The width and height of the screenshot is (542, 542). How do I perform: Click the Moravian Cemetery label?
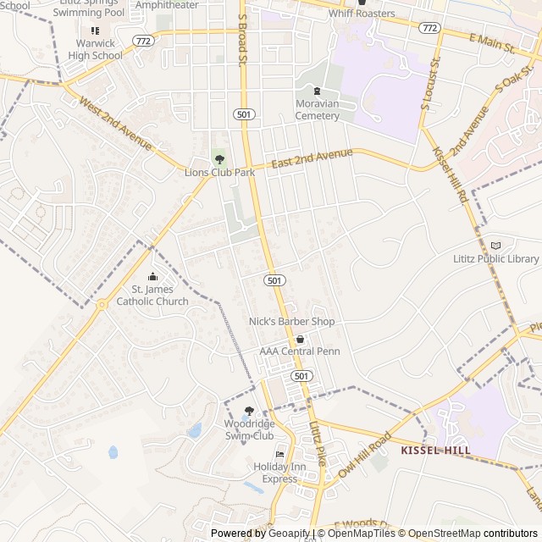click(x=317, y=109)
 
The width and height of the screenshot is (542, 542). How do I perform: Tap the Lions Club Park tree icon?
click(x=220, y=158)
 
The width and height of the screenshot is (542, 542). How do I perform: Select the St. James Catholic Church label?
click(x=152, y=296)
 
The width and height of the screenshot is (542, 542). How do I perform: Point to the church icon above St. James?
click(x=152, y=276)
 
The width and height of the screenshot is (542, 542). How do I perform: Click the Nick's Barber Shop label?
click(x=291, y=322)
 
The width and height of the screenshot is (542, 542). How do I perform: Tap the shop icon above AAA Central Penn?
click(x=300, y=339)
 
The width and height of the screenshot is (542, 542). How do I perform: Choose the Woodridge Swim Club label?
click(x=249, y=429)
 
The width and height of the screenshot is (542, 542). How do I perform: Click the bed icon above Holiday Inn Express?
click(x=280, y=455)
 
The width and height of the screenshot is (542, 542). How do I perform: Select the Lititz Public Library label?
click(x=495, y=259)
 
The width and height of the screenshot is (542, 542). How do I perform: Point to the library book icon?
click(x=495, y=245)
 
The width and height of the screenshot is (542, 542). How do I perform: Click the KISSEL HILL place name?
click(x=434, y=451)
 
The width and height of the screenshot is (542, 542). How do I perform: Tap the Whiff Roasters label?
click(x=362, y=14)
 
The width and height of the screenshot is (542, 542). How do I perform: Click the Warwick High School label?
click(x=95, y=49)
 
